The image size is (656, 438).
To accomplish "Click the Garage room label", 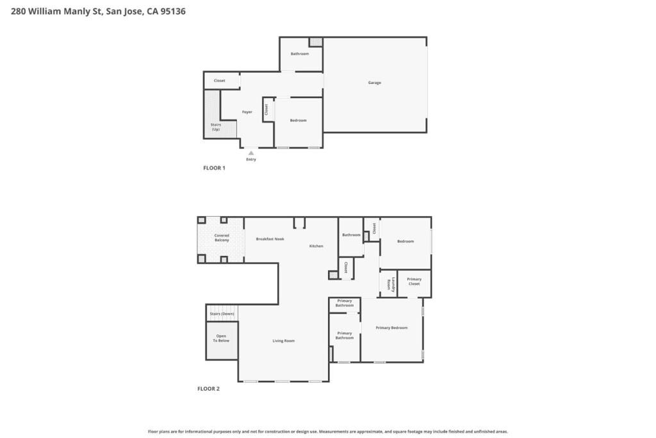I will [x=374, y=83].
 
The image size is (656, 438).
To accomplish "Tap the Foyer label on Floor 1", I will [x=247, y=112].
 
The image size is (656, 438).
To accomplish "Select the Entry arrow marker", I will [x=251, y=153].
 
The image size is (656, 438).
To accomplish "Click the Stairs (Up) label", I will [x=215, y=127].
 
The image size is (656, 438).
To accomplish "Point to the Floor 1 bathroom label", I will [x=299, y=54].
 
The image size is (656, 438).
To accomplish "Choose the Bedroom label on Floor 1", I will [x=298, y=121].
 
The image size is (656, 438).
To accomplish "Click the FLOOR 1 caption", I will [x=214, y=168].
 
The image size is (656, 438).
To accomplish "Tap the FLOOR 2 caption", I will [x=208, y=389].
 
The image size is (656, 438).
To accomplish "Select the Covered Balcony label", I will [x=222, y=238].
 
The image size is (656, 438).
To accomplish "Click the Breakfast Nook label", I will [x=270, y=239].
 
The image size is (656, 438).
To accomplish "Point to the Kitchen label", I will [x=316, y=246].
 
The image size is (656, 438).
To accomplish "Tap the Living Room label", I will [x=283, y=341].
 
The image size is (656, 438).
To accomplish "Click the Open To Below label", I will [x=222, y=339].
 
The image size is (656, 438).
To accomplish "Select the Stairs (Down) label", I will [x=222, y=314].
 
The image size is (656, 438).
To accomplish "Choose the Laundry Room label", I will [x=388, y=283].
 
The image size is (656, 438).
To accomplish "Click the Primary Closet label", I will [x=414, y=282].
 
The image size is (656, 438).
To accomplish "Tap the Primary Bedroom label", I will [x=391, y=328].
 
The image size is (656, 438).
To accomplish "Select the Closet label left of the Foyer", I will [x=219, y=81].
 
